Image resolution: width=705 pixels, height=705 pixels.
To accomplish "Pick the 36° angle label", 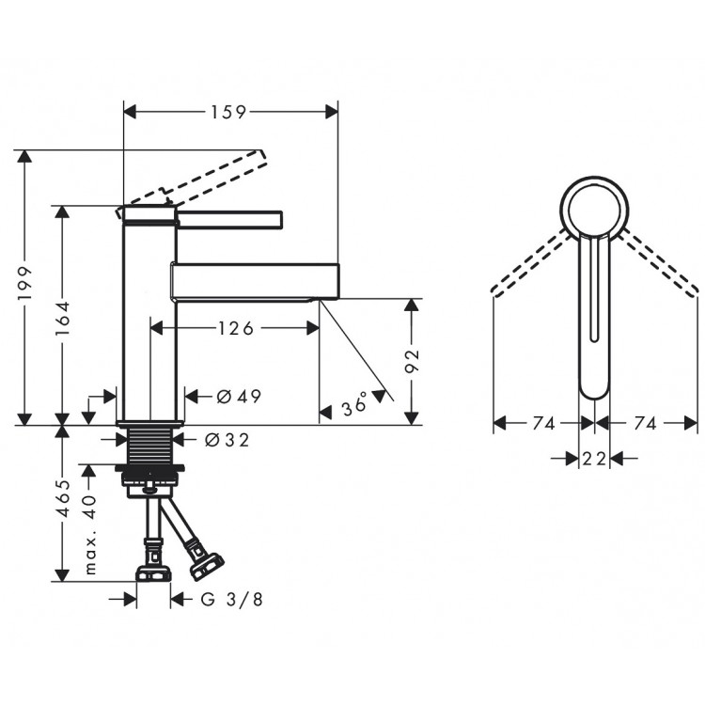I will click(355, 407).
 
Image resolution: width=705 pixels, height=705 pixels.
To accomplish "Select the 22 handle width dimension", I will click(594, 459).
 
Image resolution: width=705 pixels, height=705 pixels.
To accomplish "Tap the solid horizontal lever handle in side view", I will click(230, 219).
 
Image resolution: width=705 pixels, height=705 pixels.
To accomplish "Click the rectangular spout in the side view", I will click(254, 279).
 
